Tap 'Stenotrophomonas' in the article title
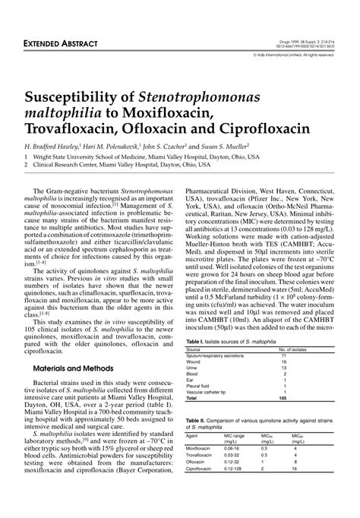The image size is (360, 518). point(199,97)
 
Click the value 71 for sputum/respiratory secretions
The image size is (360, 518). point(283,355)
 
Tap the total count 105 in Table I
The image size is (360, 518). point(283,398)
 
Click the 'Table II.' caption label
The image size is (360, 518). point(197,420)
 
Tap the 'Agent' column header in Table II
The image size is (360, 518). point(193,436)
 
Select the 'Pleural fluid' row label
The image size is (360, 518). point(200,385)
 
